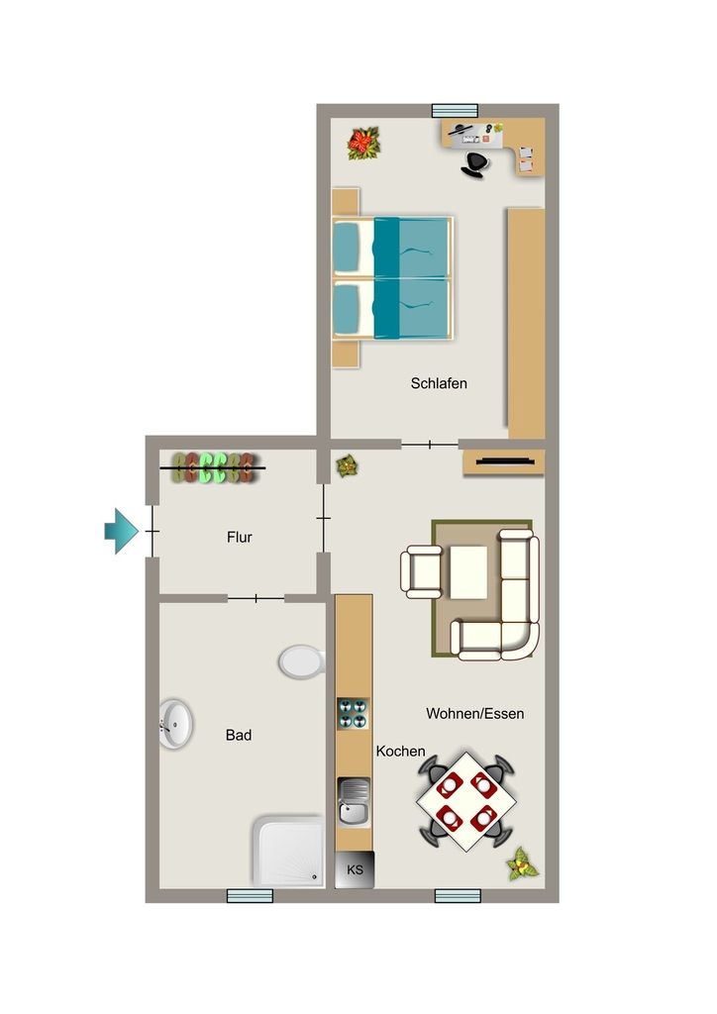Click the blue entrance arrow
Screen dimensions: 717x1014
coord(122,531)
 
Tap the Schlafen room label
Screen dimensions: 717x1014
coord(439,383)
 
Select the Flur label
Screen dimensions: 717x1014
coord(240,538)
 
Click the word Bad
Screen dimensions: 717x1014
coord(239,736)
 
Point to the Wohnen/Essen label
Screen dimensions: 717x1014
coord(474,714)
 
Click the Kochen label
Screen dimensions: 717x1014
coord(400,752)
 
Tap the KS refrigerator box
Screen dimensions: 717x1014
coord(355,869)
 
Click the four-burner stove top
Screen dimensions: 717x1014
coord(353,713)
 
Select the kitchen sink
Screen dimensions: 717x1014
coord(354,802)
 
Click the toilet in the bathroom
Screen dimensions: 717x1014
coord(302,661)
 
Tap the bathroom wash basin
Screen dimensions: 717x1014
coord(175,724)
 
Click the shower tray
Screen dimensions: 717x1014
coord(288,851)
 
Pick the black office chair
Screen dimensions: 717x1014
coord(475,164)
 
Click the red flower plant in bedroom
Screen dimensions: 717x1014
coord(364,144)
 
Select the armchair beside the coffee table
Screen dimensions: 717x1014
coord(422,571)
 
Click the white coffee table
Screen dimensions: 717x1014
coord(468,572)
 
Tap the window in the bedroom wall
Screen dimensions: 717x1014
coord(455,111)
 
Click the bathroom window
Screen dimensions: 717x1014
coord(250,895)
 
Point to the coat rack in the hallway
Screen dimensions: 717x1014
coord(213,467)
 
